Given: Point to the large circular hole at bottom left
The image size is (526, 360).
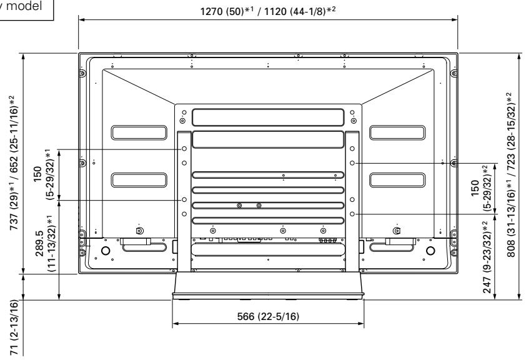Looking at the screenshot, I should point(105,251).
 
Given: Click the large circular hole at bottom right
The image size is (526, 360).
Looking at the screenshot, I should point(430,251).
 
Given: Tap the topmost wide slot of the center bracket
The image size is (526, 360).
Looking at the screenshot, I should point(267,117).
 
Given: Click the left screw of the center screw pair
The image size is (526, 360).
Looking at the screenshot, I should point(240,206).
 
